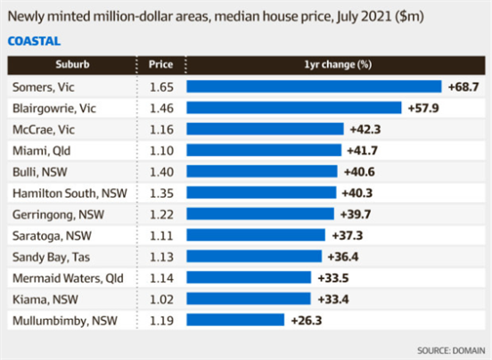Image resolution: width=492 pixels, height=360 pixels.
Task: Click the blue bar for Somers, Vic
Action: point(314,86)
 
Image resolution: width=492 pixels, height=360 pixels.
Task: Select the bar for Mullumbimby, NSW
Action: point(235,320)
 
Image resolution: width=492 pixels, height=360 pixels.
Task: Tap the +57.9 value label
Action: point(423,108)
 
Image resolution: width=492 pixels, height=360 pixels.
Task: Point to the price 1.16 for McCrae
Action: point(161,129)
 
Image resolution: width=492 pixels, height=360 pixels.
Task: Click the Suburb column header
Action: point(72,64)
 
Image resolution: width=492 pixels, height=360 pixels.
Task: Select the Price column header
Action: point(160,64)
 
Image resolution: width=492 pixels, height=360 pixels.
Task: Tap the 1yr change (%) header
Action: point(338,64)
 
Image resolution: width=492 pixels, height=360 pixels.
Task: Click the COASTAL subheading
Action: point(34,41)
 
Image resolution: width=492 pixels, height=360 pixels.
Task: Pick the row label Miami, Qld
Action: point(41,151)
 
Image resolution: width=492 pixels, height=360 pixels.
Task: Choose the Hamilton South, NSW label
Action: point(70,193)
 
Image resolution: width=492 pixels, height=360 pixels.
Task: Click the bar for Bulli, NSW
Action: point(262,171)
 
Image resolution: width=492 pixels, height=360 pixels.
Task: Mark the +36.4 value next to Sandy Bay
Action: point(343,257)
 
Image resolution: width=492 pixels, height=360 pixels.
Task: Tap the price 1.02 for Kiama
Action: point(161,299)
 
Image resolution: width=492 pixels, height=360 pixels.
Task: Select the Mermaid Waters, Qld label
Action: point(68,278)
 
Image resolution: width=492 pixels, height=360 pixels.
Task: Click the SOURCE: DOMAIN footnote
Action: point(451,350)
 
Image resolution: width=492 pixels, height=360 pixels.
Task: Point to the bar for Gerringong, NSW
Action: point(260,214)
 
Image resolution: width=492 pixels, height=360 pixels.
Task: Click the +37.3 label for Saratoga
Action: point(348,235)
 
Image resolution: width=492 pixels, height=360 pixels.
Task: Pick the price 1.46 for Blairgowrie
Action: point(161,108)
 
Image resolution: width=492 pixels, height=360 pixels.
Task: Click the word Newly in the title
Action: point(26,16)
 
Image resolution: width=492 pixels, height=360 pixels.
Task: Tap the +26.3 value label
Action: point(307,321)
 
